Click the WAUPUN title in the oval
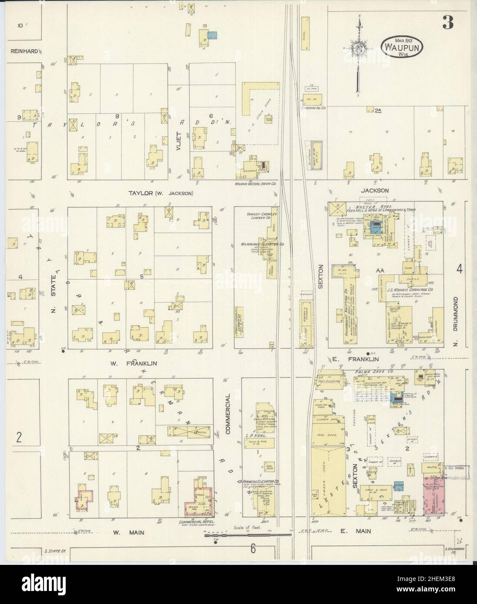402,46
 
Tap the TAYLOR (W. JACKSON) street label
161,193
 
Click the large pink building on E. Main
435,495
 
